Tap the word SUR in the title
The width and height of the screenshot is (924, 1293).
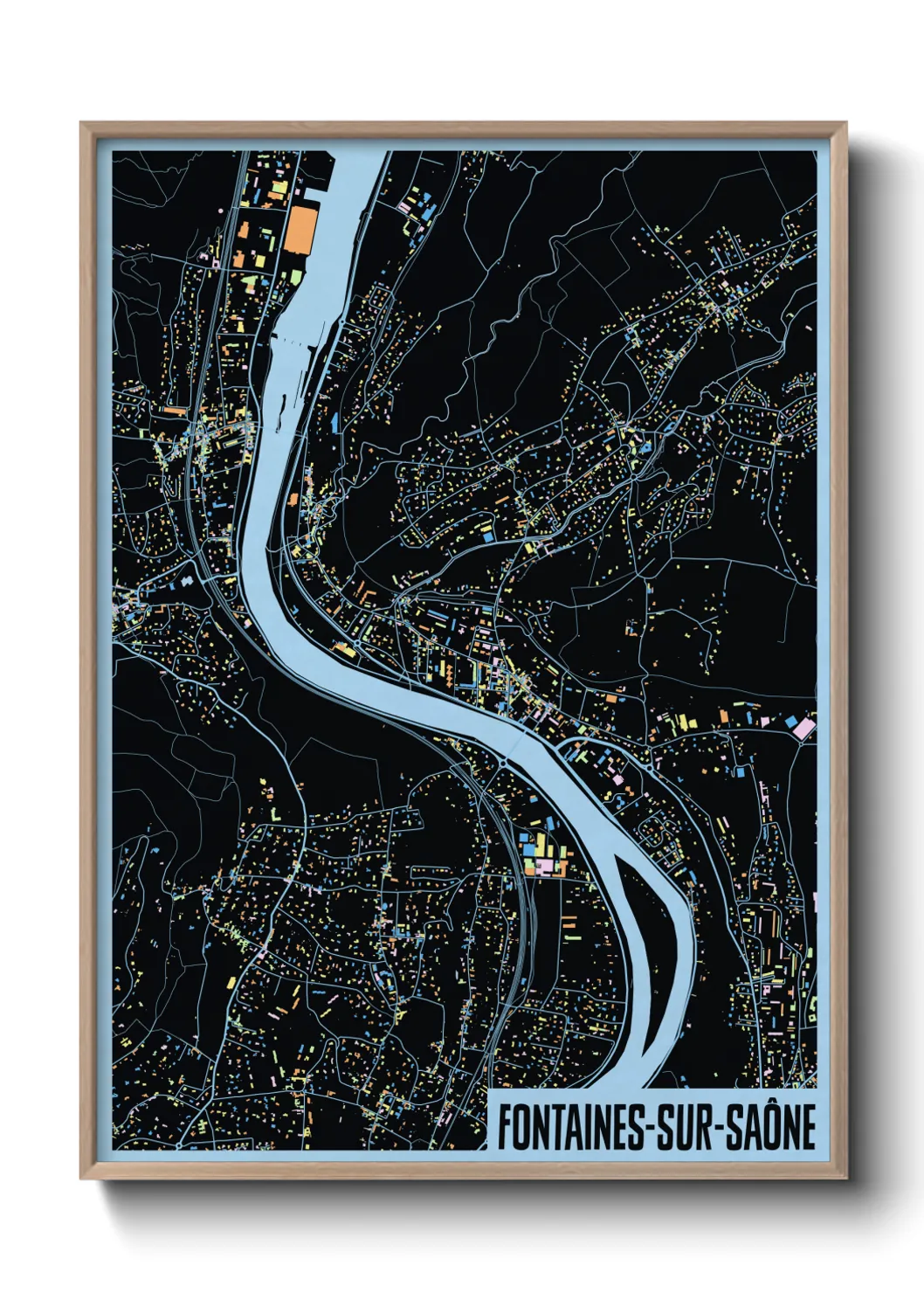click(x=686, y=1127)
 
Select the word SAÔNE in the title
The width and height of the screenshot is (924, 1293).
click(x=772, y=1127)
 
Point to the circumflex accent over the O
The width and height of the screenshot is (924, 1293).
click(x=776, y=1103)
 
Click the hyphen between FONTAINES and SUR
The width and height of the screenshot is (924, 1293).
click(x=651, y=1128)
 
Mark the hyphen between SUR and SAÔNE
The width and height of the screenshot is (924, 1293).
click(x=721, y=1128)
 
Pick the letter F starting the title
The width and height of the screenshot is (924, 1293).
click(x=504, y=1127)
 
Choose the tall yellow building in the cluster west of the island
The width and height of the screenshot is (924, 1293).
click(x=539, y=844)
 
